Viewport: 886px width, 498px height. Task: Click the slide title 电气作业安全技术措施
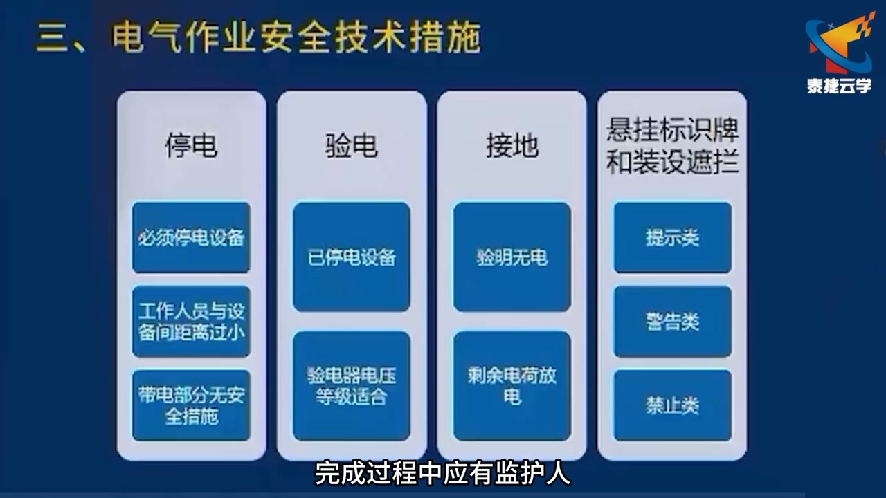296,38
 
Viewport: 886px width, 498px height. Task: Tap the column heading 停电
191,146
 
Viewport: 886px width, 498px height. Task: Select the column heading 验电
352,146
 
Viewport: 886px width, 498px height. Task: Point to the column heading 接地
512,146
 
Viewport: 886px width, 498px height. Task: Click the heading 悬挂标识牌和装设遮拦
672,146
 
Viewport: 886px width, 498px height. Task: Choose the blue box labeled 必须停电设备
191,237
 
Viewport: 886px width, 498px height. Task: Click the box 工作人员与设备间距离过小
191,322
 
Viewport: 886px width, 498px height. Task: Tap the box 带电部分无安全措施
191,405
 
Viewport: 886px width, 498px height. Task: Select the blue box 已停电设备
352,257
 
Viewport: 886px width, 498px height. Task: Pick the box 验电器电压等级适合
352,386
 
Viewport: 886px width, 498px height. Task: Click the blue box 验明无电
512,257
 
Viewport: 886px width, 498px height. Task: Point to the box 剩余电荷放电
512,386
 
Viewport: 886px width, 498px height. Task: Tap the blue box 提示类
672,237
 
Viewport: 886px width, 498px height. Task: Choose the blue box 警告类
672,322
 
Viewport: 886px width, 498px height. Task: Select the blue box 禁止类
672,405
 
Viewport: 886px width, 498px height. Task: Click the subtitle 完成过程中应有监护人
443,474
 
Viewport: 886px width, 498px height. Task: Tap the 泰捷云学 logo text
839,86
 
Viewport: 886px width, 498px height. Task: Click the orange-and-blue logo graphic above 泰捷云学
839,45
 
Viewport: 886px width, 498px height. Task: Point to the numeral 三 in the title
53,39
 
